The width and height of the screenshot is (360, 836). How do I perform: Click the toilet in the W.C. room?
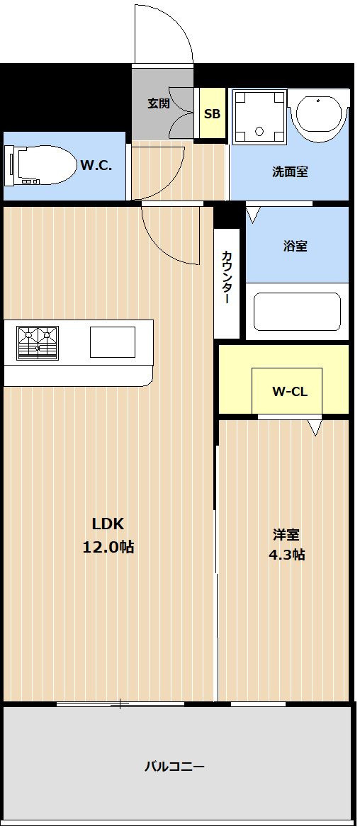[40, 165]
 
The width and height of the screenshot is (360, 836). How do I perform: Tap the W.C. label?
[96, 165]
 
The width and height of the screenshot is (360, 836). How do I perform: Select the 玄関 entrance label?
[159, 103]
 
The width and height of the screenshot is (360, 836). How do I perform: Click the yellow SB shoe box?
[212, 114]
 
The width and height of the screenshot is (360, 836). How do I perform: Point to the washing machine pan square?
[260, 117]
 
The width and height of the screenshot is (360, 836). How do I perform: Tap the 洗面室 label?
[290, 171]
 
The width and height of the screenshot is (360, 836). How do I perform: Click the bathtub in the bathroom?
[297, 312]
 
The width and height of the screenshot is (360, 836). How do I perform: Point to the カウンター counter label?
[226, 276]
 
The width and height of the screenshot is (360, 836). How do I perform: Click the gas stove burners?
[38, 343]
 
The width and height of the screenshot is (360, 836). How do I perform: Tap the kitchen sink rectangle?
[113, 341]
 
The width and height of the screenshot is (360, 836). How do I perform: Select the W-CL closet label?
[290, 392]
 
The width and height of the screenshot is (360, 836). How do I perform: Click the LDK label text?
[108, 524]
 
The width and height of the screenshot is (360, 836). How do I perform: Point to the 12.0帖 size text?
[108, 547]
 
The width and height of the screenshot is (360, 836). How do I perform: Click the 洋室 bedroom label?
[286, 534]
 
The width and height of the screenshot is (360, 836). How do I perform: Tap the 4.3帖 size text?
[286, 555]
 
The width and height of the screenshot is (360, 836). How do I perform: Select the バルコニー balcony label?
[174, 767]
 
